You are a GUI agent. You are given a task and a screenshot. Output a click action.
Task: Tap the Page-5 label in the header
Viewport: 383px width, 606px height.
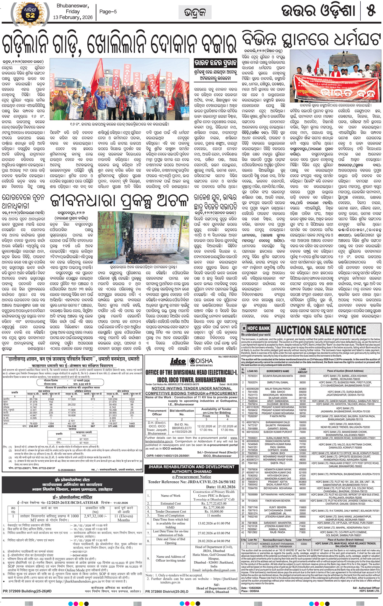click(x=108, y=12)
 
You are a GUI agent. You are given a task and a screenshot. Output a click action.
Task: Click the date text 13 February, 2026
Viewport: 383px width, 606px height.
click(x=73, y=18)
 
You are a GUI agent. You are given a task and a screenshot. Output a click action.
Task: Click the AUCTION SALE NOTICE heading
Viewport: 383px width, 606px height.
click(x=321, y=330)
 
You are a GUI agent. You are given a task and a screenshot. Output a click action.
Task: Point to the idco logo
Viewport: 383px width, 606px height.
click(x=178, y=361)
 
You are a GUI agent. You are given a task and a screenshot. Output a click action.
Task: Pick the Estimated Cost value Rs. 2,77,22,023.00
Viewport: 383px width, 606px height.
click(x=214, y=503)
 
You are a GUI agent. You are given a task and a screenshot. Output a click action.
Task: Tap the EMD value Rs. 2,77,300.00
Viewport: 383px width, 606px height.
click(x=214, y=507)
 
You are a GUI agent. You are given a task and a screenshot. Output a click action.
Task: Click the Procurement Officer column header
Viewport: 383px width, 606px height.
click(x=157, y=412)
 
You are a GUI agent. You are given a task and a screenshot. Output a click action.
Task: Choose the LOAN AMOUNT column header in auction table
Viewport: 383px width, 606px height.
click(x=302, y=370)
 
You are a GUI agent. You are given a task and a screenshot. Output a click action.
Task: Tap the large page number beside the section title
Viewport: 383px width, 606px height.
click(x=372, y=12)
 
